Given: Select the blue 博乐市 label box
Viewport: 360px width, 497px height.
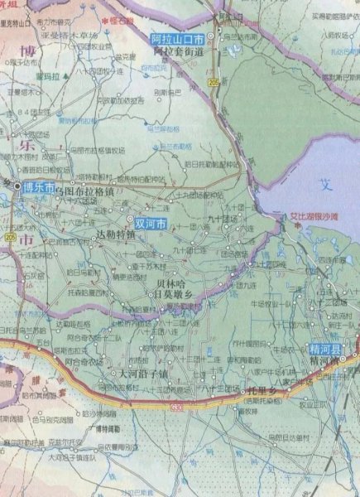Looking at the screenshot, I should click(x=39, y=187).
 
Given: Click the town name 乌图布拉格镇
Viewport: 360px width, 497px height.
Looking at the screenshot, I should click(x=89, y=191).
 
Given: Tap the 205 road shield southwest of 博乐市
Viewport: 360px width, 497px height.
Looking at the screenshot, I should click(x=9, y=237).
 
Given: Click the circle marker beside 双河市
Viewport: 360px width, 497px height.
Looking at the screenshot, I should click(x=132, y=220).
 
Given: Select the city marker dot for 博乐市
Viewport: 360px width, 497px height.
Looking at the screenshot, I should click(x=17, y=187).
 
